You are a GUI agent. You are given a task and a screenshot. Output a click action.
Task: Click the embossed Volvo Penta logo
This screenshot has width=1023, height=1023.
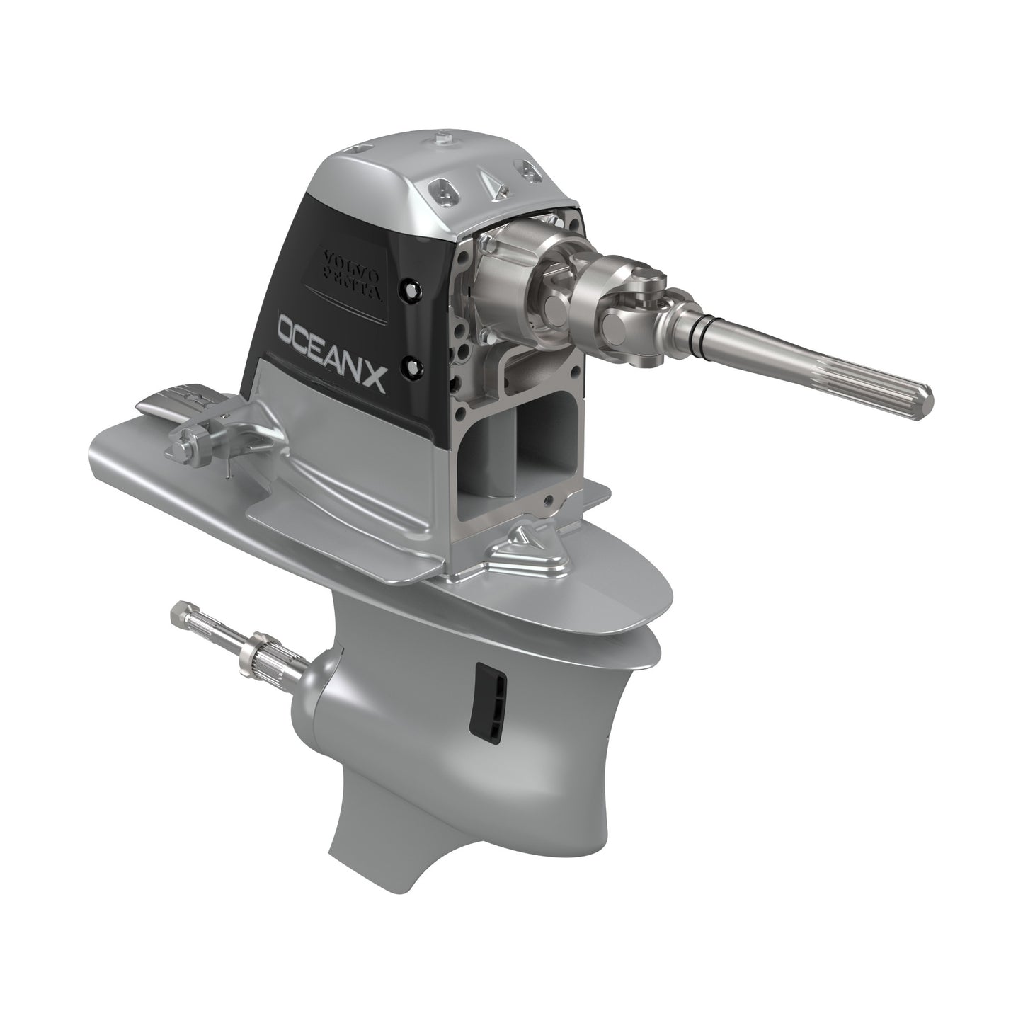coord(350,278)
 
